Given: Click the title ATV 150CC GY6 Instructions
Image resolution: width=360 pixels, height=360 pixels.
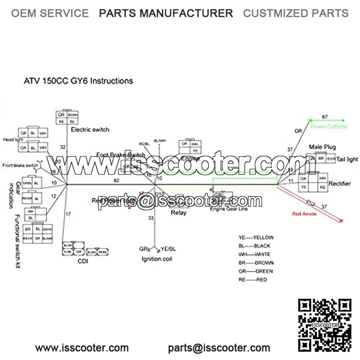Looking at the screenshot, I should (x=78, y=81).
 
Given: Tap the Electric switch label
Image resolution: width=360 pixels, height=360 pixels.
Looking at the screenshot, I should (x=90, y=130).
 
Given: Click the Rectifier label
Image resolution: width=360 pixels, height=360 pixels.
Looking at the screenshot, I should (x=340, y=184).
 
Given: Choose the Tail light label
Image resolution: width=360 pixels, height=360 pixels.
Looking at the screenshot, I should (x=347, y=159).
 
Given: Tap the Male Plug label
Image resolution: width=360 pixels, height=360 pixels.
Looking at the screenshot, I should (x=322, y=147).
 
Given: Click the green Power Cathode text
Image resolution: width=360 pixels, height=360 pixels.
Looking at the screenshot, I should (x=329, y=127).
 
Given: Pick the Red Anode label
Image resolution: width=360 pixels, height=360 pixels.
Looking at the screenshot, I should (x=304, y=214).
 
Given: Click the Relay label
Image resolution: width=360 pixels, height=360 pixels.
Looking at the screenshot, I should (x=179, y=212).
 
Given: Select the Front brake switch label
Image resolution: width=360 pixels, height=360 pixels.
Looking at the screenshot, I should (x=20, y=165).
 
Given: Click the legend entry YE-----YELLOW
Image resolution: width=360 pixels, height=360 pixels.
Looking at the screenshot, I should (x=256, y=238).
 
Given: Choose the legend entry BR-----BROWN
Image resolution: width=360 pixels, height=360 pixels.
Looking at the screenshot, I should (x=256, y=263).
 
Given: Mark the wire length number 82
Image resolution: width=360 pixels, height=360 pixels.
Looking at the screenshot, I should (x=117, y=180).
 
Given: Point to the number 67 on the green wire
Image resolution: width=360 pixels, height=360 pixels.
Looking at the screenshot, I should (x=324, y=117).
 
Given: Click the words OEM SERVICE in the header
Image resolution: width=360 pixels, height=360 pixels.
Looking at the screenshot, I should (x=50, y=13).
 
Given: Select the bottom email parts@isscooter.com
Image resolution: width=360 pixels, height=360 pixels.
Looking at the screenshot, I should (x=219, y=348).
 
